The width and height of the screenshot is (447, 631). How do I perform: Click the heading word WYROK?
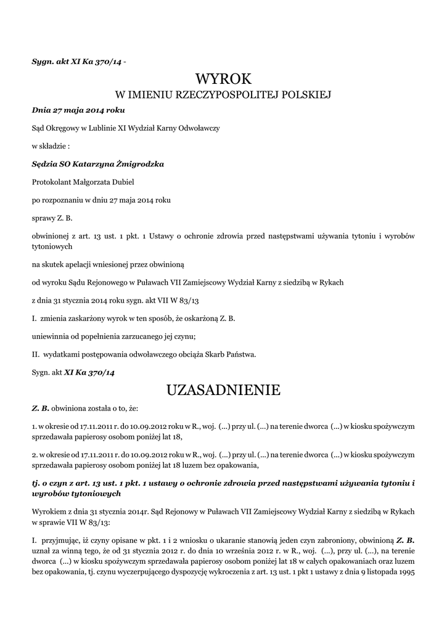(x=223, y=79)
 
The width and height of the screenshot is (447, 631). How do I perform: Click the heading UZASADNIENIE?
(x=223, y=390)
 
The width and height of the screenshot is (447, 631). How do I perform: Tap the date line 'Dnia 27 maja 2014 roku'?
(x=78, y=110)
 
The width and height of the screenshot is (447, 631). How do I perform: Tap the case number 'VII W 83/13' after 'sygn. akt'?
(x=183, y=300)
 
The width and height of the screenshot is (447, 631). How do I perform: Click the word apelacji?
(x=80, y=264)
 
